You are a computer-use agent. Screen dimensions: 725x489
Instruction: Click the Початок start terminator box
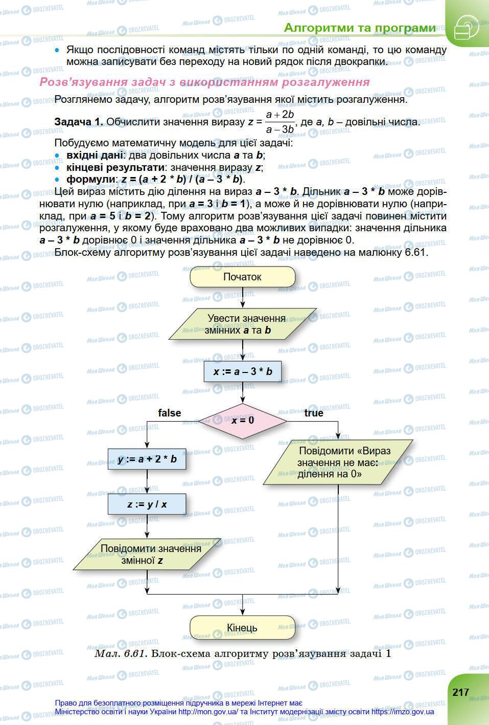tap(242, 277)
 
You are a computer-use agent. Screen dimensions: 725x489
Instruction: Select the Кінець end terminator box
tap(242, 628)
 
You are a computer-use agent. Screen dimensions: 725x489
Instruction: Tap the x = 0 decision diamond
tap(243, 421)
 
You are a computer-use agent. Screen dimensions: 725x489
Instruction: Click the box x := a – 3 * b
tap(243, 371)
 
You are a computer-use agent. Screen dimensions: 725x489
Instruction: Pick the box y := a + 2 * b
tap(147, 459)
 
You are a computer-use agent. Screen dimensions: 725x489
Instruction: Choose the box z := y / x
tap(147, 504)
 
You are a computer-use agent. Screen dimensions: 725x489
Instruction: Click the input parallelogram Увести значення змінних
tap(243, 324)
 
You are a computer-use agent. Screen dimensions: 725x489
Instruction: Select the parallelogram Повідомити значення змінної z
tap(147, 554)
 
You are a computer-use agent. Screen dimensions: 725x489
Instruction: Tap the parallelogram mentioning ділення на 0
tap(338, 462)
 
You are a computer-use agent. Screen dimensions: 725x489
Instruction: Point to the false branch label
tap(169, 413)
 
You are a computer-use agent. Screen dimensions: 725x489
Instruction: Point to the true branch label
tap(314, 413)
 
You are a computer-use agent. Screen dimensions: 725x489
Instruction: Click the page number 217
tap(460, 692)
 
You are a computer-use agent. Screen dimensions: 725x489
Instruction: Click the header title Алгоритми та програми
tap(360, 28)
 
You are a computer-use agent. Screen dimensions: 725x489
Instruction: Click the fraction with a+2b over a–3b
tap(280, 122)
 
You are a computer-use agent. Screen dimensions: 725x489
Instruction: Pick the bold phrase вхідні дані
tap(95, 155)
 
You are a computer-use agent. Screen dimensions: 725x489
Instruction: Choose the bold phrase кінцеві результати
tap(115, 167)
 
